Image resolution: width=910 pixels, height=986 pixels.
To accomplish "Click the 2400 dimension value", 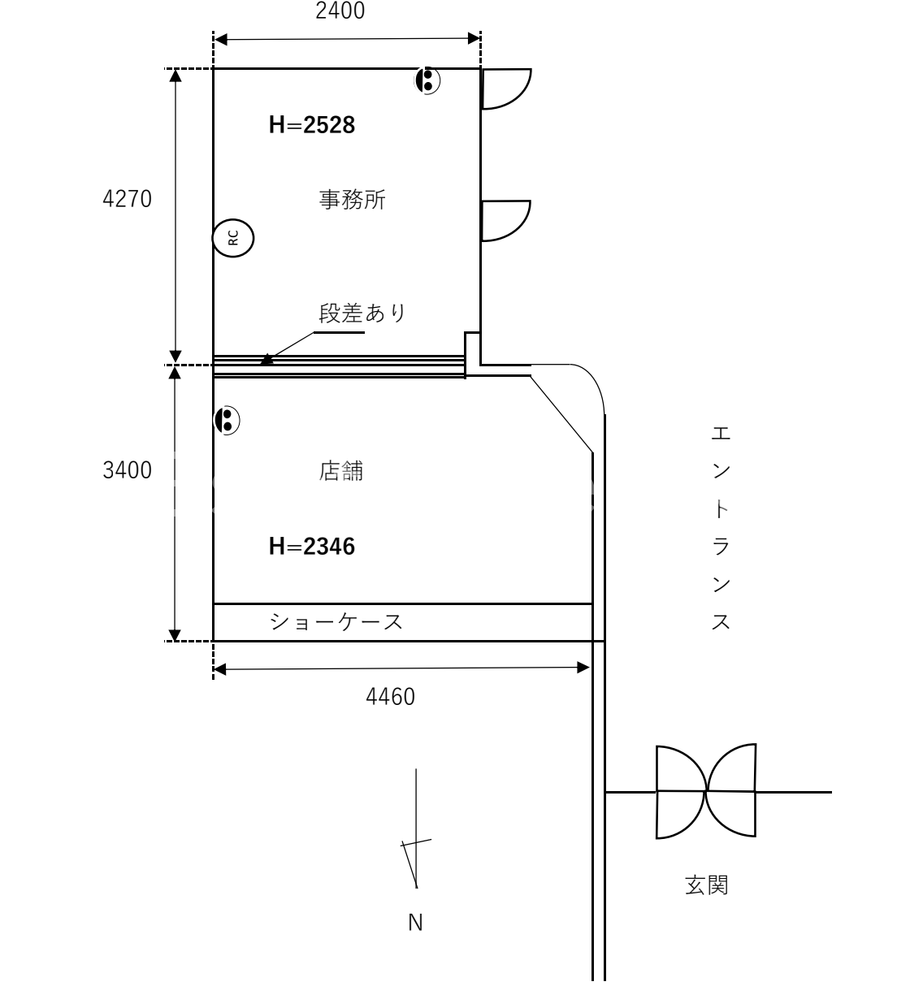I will (340, 11).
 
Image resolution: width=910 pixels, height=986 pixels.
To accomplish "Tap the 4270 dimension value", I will (127, 199).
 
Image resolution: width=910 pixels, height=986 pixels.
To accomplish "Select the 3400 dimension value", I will (127, 470).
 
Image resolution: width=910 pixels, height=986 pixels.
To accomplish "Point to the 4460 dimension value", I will (391, 697).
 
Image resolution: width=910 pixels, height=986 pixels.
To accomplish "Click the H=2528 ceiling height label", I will (312, 125).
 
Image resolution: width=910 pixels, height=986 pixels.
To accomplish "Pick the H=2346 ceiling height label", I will (312, 547).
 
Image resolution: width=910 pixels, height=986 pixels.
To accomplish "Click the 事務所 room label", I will (352, 200).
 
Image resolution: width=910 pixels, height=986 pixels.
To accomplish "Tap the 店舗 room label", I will (341, 471).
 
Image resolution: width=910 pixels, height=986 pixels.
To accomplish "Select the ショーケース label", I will (336, 622).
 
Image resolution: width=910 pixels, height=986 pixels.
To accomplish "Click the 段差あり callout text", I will (362, 314).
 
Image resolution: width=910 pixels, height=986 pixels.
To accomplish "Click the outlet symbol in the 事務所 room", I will (427, 80).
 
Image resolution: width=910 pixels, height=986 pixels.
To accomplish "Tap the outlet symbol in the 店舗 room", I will (227, 420).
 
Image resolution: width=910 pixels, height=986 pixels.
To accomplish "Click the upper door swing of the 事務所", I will (504, 88).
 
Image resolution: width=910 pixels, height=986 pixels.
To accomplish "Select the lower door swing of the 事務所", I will (504, 220).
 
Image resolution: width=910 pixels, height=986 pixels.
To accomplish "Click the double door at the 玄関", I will (706, 791).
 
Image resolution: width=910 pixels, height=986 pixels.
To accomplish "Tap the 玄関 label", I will (706, 884).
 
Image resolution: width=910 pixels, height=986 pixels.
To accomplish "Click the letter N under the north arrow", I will (415, 923).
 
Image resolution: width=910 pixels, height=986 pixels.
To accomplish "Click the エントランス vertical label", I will (721, 528).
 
